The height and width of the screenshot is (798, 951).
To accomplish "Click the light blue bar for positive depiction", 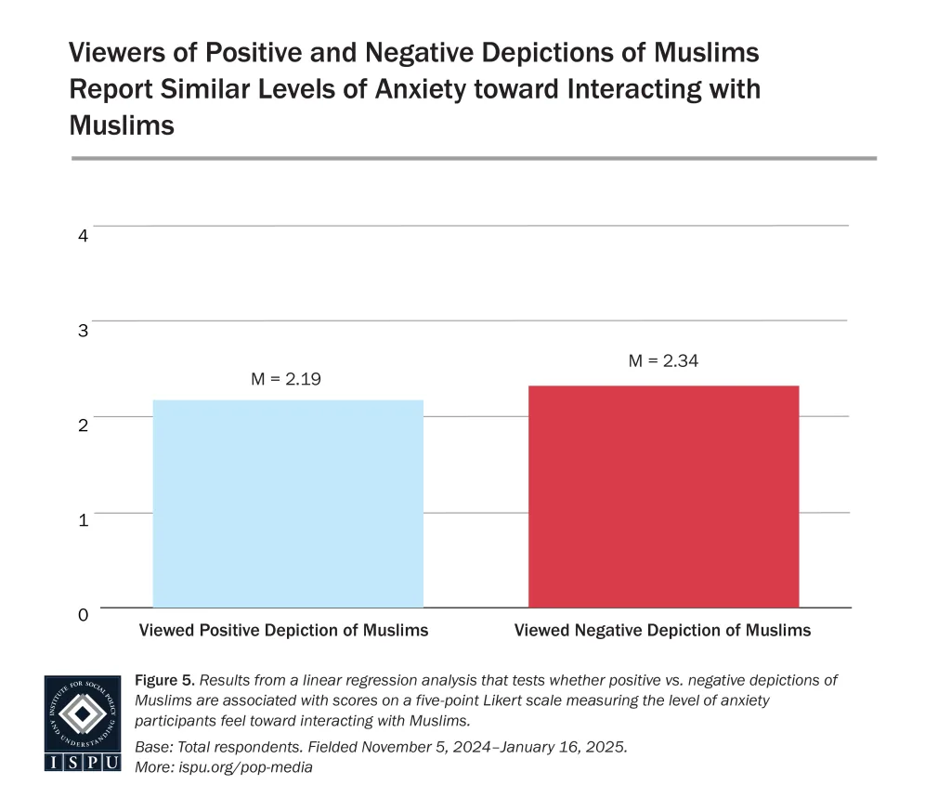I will pyautogui.click(x=288, y=504).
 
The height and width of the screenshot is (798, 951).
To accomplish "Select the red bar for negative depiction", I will pyautogui.click(x=663, y=496).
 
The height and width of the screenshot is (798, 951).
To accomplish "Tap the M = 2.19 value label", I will pyautogui.click(x=286, y=378).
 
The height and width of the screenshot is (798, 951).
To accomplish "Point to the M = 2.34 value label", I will pyautogui.click(x=663, y=361).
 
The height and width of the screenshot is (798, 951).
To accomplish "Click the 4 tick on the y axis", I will pyautogui.click(x=83, y=236).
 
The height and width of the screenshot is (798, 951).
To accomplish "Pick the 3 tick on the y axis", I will pyautogui.click(x=83, y=331).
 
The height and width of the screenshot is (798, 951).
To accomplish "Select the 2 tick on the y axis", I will pyautogui.click(x=83, y=425).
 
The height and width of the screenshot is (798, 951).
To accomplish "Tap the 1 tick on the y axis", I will pyautogui.click(x=83, y=520).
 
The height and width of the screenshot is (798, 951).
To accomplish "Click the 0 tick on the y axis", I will pyautogui.click(x=83, y=615).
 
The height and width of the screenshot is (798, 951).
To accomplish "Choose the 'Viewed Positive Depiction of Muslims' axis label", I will pyautogui.click(x=283, y=630).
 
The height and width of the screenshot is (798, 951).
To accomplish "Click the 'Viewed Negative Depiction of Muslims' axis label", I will pyautogui.click(x=662, y=630).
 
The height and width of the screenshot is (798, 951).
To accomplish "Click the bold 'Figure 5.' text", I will pyautogui.click(x=163, y=680).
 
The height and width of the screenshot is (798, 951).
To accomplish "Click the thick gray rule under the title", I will pyautogui.click(x=474, y=158).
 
